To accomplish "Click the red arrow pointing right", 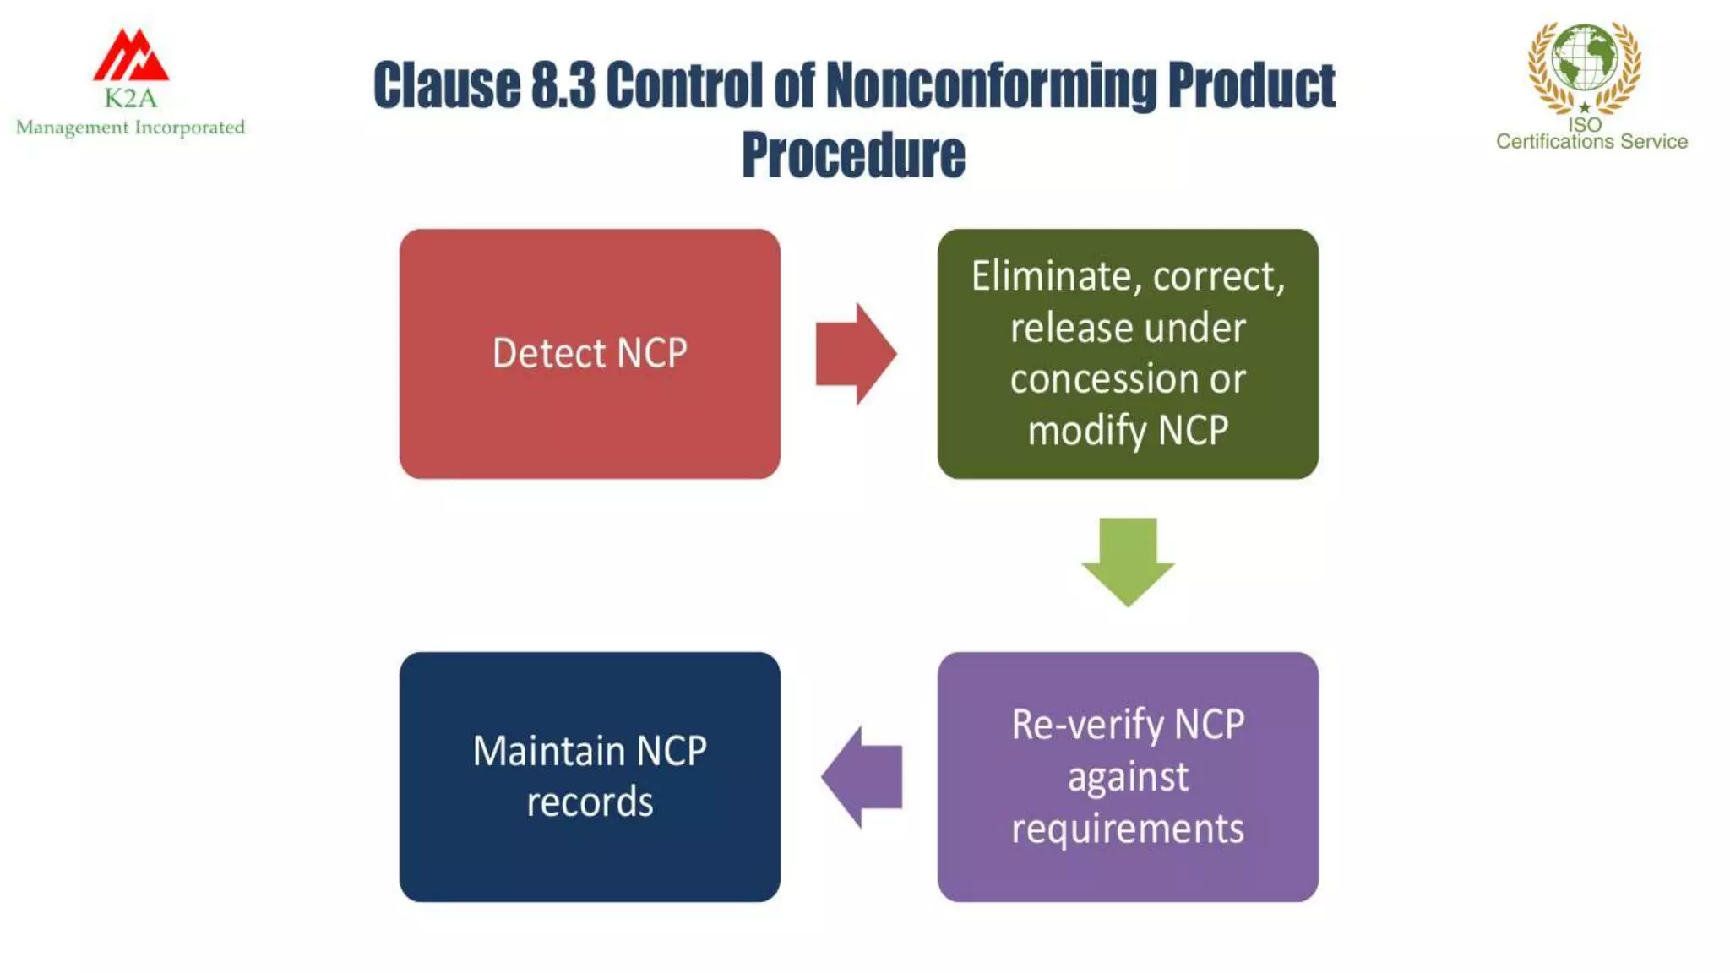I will tap(855, 354).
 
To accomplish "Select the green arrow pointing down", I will tap(1128, 561).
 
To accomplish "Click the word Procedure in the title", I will tap(853, 155).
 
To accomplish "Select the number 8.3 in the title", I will tap(563, 86).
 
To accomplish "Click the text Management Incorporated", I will tap(130, 128).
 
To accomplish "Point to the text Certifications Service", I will tap(1591, 142).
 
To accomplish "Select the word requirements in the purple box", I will tap(1128, 829).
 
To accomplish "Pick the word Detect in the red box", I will tap(548, 353).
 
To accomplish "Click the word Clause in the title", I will tap(447, 86).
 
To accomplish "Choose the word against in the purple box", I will tap(1128, 777).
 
